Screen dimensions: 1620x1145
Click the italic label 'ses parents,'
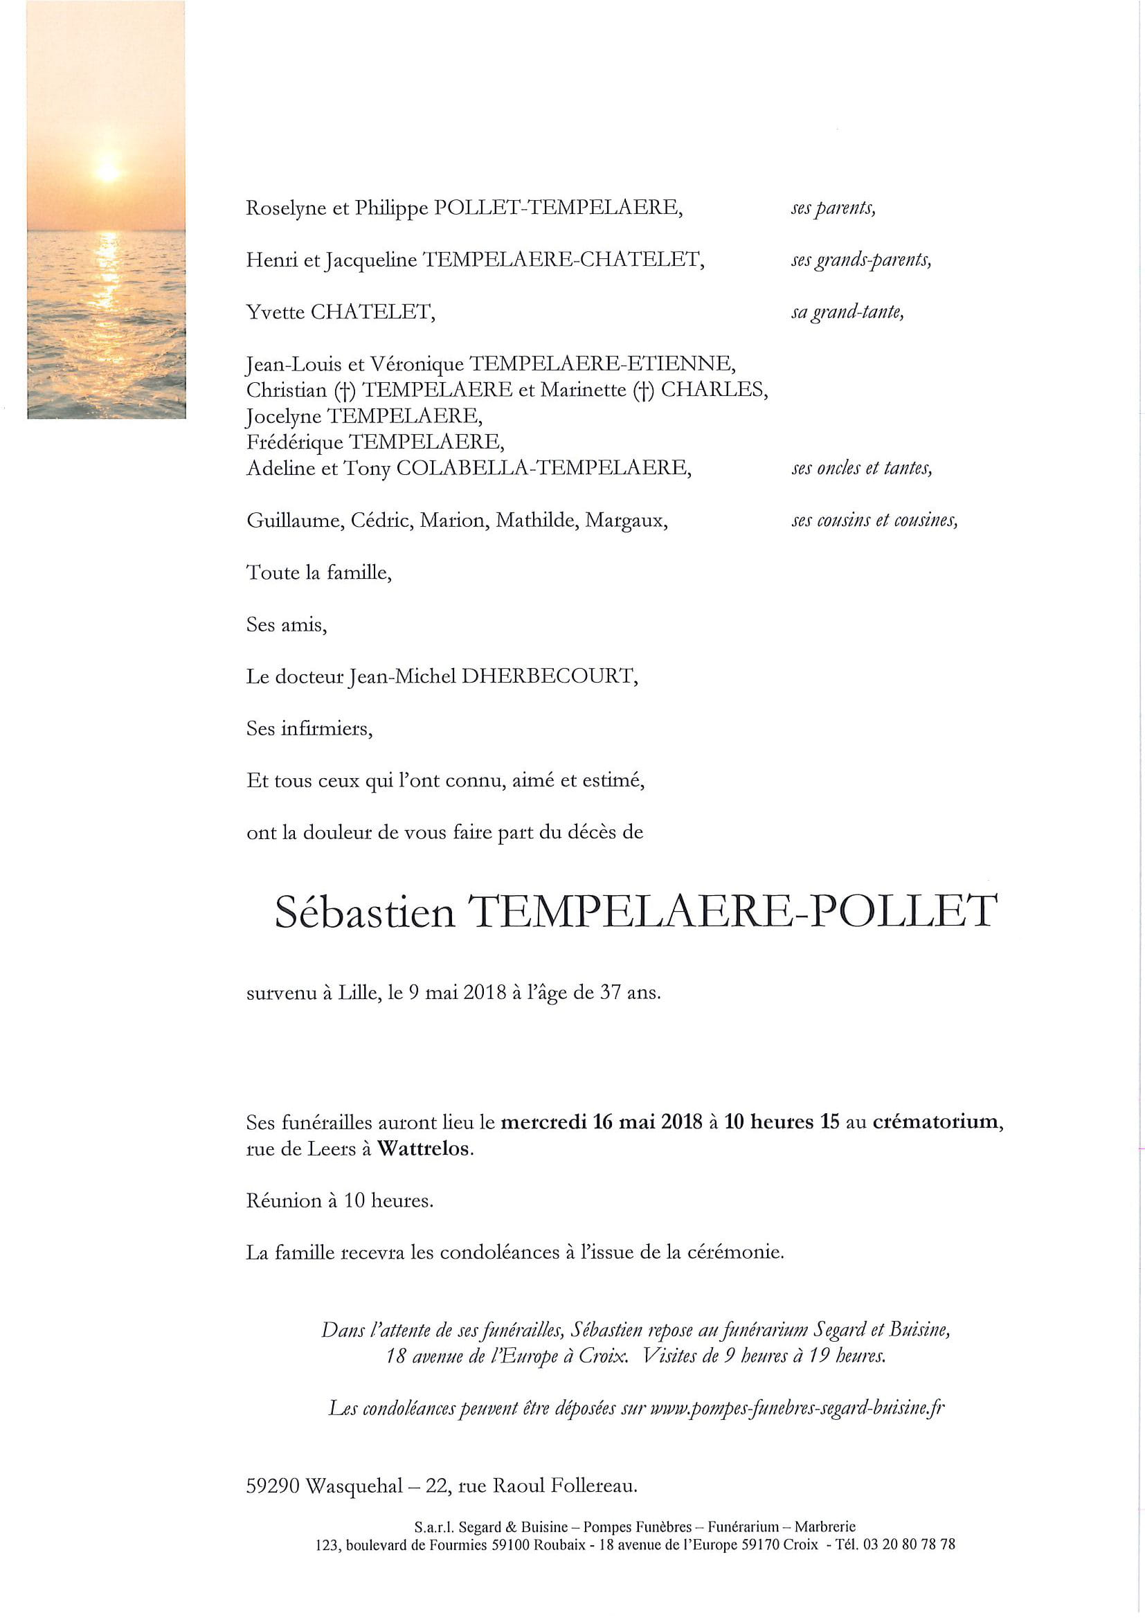point(833,209)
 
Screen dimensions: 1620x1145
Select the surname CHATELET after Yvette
point(372,312)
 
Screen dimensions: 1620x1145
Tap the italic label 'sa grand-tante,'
point(847,312)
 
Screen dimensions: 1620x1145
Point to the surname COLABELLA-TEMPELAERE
point(543,468)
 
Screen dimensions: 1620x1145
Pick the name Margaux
point(626,521)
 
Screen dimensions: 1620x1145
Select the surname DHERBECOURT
point(550,676)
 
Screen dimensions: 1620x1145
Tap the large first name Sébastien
point(365,912)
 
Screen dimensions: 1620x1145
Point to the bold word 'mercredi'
point(544,1122)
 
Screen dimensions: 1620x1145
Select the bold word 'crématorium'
point(937,1122)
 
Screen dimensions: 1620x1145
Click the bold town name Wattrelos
point(424,1149)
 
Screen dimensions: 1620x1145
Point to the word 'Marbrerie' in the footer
point(824,1527)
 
